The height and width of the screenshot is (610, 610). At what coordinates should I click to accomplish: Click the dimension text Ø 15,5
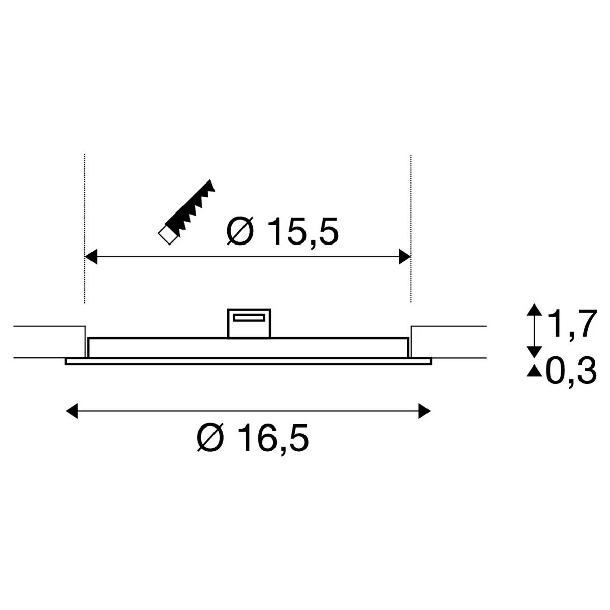tap(283, 232)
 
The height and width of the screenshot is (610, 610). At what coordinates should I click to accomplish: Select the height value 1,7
tap(570, 325)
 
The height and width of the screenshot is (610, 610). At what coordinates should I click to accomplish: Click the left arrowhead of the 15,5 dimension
tap(91, 257)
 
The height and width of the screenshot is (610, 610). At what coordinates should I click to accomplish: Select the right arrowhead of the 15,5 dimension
tap(405, 257)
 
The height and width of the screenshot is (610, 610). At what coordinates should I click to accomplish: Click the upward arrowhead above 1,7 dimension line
tap(534, 310)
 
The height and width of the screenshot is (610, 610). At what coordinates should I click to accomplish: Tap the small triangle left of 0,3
tap(534, 372)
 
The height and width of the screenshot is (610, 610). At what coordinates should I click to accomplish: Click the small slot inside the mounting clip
tap(249, 318)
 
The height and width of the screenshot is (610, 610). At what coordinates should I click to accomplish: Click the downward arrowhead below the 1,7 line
tap(534, 351)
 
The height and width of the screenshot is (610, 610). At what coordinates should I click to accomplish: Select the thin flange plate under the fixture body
tap(248, 361)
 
